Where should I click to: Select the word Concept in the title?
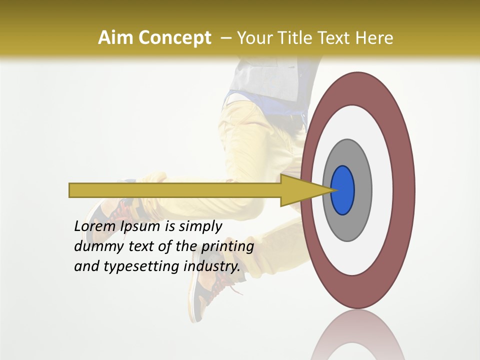click(174, 38)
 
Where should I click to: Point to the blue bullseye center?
click(343, 190)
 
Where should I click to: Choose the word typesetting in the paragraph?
click(141, 267)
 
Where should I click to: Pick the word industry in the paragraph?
click(211, 267)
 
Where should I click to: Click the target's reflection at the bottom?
click(357, 337)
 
